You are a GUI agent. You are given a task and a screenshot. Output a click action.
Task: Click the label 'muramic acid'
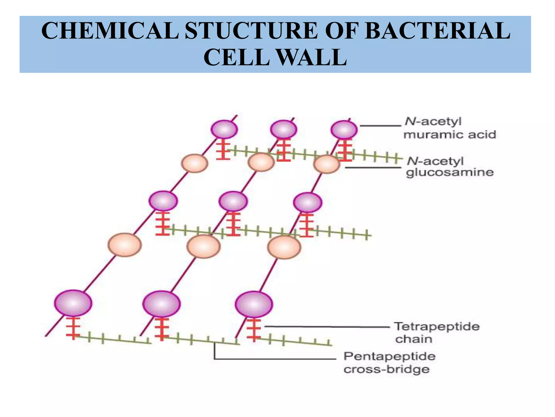point(450,135)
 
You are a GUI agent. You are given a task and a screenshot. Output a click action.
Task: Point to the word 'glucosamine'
point(450,173)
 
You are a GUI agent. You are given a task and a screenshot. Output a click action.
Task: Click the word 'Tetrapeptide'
point(437,326)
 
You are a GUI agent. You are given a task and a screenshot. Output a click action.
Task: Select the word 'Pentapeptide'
point(389,356)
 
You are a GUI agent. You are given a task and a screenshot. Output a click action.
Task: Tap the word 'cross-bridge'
point(386,369)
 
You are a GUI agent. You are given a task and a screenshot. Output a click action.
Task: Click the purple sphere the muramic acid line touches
point(344,129)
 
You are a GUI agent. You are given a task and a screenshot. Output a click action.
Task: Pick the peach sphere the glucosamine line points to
point(327,164)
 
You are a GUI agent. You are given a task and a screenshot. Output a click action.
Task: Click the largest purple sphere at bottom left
point(73,303)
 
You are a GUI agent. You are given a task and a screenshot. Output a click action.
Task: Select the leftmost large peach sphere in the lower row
point(125,245)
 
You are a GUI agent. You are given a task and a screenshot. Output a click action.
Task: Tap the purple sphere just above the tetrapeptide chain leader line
point(254,304)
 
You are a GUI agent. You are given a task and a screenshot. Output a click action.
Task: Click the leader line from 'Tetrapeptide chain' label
point(325,327)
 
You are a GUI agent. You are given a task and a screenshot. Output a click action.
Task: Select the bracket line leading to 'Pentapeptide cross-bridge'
point(271,359)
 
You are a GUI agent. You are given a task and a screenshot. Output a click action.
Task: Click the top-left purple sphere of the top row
point(224,129)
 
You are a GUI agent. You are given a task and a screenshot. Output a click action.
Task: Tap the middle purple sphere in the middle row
point(233,201)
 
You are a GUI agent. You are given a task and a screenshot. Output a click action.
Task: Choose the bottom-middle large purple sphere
point(162,304)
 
